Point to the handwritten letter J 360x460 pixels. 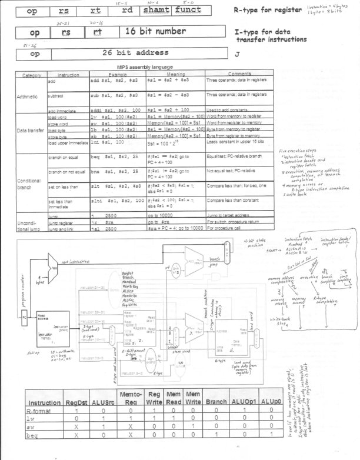[237, 54]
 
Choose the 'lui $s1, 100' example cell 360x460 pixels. [106, 142]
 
